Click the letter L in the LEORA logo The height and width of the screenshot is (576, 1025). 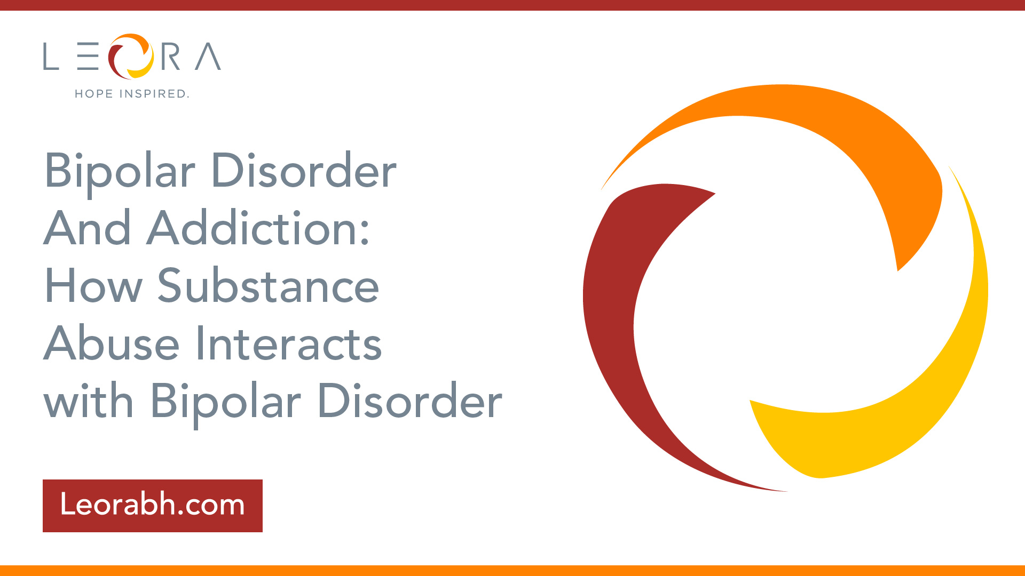tap(51, 57)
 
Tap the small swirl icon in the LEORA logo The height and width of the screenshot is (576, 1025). tap(131, 56)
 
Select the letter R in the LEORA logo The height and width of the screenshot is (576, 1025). tap(171, 57)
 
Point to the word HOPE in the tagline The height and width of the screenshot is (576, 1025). tap(94, 94)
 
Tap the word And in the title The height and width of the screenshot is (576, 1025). tap(88, 228)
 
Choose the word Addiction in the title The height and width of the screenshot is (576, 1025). tap(258, 228)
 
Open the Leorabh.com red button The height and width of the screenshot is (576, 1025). tap(153, 506)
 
